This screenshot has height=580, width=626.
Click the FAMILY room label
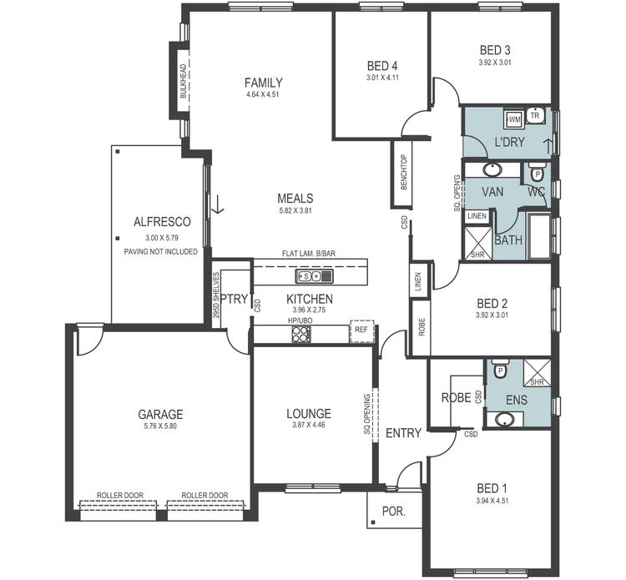(x=263, y=83)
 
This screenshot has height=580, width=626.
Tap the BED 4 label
(x=382, y=66)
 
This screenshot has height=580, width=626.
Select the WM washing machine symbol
(x=513, y=120)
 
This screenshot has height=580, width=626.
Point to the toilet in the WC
(x=537, y=174)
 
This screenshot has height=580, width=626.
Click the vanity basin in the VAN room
(x=492, y=170)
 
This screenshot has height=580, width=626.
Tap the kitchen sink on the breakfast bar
(x=315, y=275)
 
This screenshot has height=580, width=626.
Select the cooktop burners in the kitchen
(x=300, y=334)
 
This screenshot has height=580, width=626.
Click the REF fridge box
(x=361, y=330)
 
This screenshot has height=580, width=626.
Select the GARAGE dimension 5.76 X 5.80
(x=160, y=426)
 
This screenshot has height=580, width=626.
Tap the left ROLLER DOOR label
(x=119, y=495)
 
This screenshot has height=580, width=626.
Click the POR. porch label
(x=394, y=512)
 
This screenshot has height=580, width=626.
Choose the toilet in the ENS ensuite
(x=500, y=370)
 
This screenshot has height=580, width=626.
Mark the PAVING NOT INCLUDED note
(x=160, y=250)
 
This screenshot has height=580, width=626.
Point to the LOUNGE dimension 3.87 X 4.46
(x=308, y=426)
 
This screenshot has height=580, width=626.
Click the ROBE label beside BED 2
(x=421, y=326)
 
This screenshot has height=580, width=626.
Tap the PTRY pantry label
(x=235, y=300)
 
